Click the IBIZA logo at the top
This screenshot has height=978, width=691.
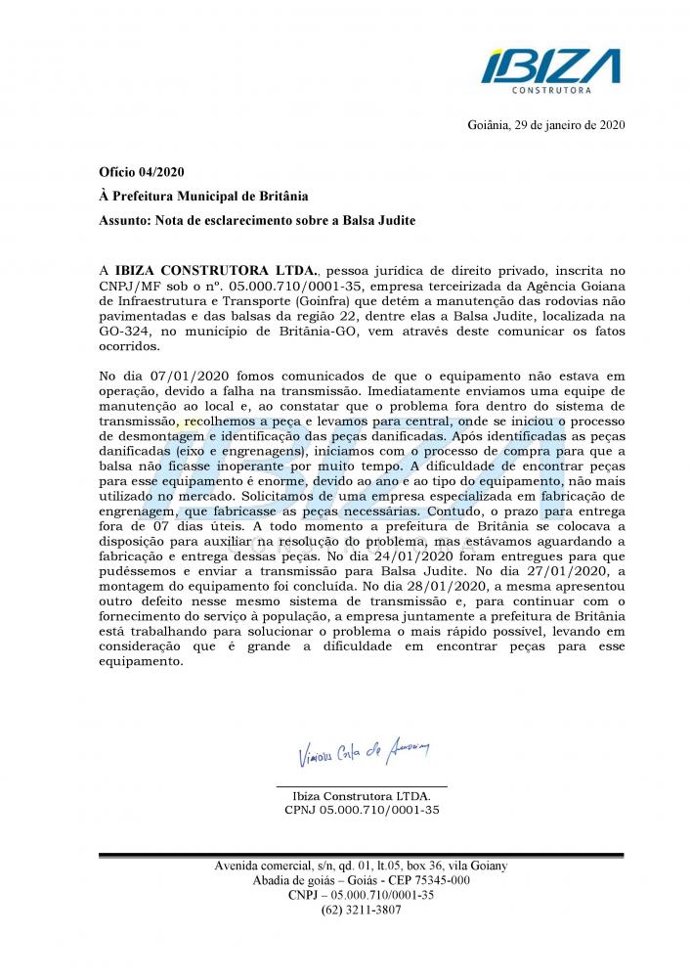pos(550,67)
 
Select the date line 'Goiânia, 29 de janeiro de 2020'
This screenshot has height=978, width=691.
pos(540,125)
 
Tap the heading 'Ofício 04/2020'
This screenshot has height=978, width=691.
pos(142,172)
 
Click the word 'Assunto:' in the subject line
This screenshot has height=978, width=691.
pos(124,220)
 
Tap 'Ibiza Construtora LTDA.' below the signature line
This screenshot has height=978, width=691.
pos(362,796)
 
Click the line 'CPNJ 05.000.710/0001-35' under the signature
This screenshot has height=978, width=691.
pos(362,811)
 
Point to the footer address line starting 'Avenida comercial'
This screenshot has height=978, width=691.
pos(361,866)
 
